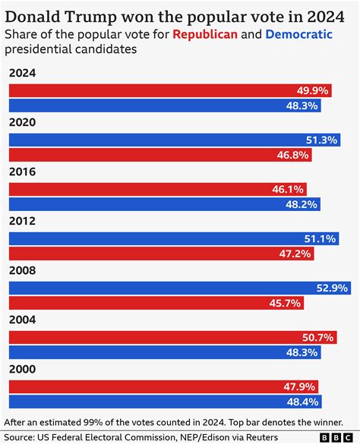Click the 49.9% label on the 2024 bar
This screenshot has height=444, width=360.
click(312, 90)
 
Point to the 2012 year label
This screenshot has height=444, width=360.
click(22, 221)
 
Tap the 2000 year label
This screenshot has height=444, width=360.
click(22, 369)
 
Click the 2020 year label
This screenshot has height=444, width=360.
click(22, 122)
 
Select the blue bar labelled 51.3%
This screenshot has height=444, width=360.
click(175, 140)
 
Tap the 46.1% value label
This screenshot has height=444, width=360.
click(289, 189)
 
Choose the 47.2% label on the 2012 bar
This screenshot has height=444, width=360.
click(295, 253)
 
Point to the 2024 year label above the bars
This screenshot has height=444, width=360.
click(22, 73)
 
